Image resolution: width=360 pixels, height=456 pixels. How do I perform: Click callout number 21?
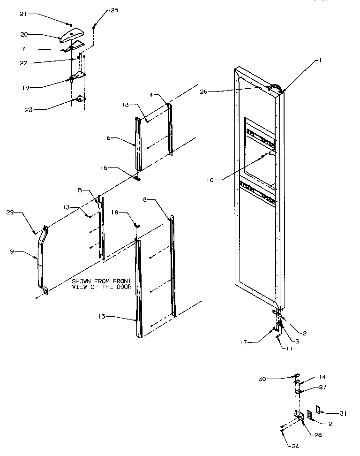pos(24,15)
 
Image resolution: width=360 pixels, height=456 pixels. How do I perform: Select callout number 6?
pos(109,138)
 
